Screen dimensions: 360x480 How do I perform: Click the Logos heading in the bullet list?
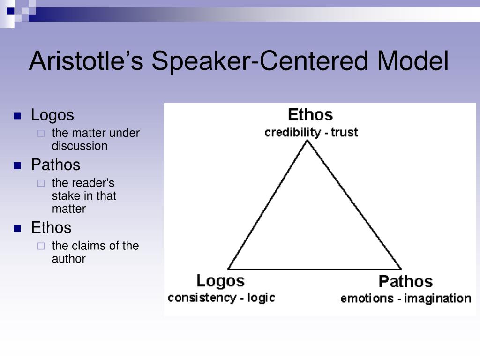(52, 115)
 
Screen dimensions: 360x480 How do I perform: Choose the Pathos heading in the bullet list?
(55, 165)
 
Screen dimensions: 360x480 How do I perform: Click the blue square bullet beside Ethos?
(18, 228)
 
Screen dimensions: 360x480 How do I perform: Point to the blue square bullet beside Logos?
(18, 115)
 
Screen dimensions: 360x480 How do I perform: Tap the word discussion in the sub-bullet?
(79, 146)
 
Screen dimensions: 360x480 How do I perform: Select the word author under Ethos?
(68, 259)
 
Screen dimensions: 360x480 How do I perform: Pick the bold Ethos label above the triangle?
(310, 114)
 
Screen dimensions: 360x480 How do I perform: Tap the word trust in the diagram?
(344, 132)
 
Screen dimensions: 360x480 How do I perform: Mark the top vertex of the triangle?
(307, 141)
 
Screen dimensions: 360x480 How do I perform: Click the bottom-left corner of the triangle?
(228, 269)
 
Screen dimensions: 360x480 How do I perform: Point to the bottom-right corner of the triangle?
(401, 269)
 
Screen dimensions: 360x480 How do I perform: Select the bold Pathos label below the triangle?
(405, 282)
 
